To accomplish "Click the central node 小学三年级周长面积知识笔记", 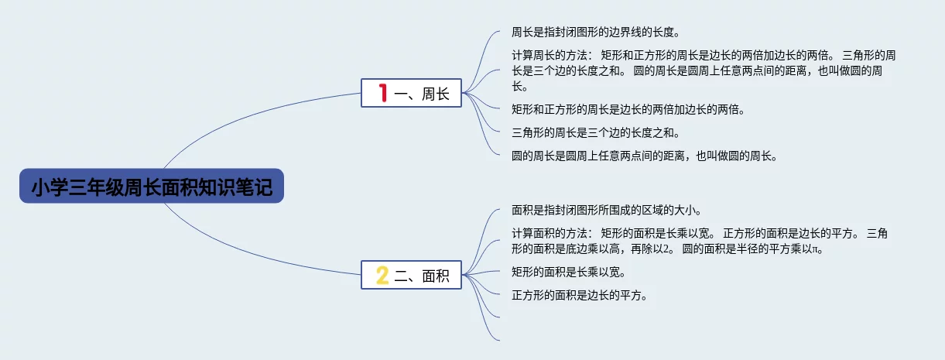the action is point(152,187).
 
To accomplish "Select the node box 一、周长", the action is point(411,94).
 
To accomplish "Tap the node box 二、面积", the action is point(411,275).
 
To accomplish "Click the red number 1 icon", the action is point(382,94).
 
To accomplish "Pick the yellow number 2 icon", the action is point(382,275).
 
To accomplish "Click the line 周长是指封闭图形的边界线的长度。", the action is point(595,33).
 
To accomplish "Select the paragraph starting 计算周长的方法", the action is point(704,70).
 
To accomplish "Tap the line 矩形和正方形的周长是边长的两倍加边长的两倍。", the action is point(628,109).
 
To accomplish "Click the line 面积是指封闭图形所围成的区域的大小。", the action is point(606,210).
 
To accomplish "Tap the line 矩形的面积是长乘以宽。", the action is point(568,272).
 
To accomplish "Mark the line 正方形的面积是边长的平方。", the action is point(579,295).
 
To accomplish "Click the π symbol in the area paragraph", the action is point(814,250).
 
